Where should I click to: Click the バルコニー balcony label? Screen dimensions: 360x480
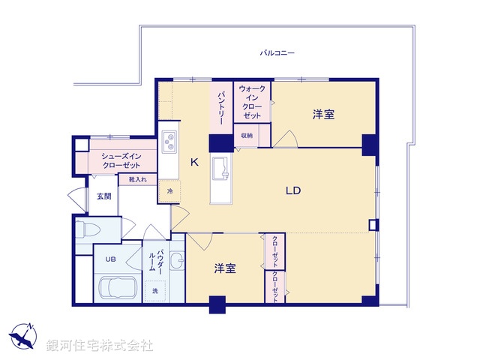[277, 53]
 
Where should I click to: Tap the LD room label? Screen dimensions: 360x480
[292, 190]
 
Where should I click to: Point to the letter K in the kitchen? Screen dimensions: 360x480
[193, 161]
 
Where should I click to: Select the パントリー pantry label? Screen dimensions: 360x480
[222, 107]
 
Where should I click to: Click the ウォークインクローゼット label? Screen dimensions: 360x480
[252, 103]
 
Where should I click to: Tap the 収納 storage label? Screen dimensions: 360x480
[247, 136]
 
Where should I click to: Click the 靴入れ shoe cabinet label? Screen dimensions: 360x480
[137, 180]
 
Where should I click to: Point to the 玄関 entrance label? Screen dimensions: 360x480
[103, 196]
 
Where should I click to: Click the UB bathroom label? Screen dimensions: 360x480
[110, 259]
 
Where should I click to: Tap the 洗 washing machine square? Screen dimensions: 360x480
[155, 290]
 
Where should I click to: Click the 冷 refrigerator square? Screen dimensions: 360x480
[169, 191]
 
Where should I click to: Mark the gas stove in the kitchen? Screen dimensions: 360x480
[169, 141]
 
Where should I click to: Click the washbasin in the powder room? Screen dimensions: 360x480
[176, 262]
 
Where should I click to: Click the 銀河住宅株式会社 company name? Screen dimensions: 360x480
[100, 345]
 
